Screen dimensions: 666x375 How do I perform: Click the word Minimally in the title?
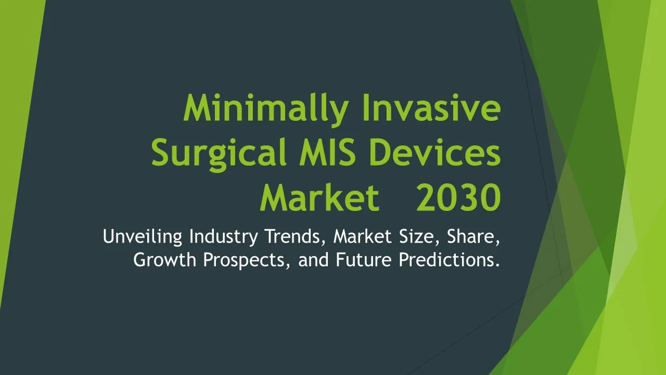[x=265, y=109]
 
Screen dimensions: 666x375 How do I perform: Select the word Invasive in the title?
[x=431, y=107]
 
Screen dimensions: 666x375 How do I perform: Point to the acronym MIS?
[x=327, y=153]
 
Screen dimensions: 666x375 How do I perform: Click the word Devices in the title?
[x=434, y=153]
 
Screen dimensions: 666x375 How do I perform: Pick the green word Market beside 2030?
[x=320, y=197]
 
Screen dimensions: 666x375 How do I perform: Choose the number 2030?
[x=458, y=197]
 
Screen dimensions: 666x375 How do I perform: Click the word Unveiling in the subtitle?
[x=143, y=237]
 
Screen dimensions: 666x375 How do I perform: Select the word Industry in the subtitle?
[x=224, y=237]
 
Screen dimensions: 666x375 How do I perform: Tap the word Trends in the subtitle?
[x=295, y=237]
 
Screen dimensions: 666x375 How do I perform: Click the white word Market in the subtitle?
[x=363, y=236]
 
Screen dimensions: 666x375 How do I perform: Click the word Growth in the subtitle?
[x=164, y=259]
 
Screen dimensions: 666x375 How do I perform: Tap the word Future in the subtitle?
[x=364, y=259]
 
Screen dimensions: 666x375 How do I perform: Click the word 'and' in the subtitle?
[x=313, y=259]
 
